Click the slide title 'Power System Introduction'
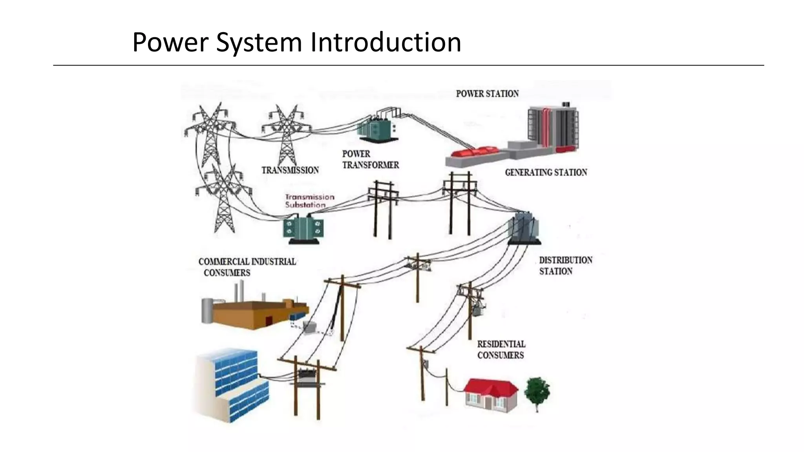coord(296,42)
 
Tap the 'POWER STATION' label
coord(487,94)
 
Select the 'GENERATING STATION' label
coord(546,172)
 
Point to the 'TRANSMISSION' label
coord(290,170)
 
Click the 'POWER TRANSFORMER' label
coord(370,159)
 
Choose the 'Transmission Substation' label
coord(310,200)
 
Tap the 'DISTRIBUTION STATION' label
coord(565,266)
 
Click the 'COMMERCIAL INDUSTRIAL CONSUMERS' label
coord(247,267)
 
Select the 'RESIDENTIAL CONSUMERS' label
coord(501,349)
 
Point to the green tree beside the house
coord(537,390)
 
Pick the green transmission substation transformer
coord(303,228)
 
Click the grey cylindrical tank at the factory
coord(207,310)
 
